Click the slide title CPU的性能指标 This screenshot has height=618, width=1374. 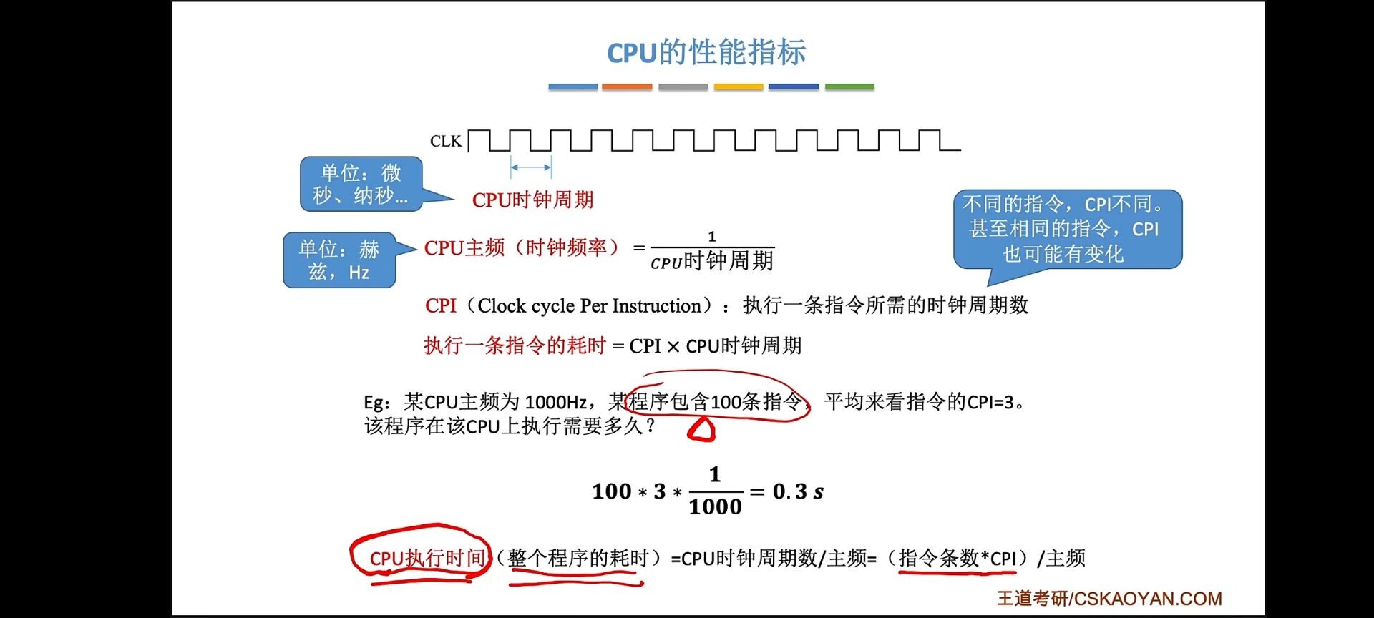[x=706, y=53]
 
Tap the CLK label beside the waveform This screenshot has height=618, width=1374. [x=445, y=142]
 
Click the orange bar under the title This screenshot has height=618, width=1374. [x=627, y=87]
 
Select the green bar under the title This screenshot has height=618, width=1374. [x=849, y=87]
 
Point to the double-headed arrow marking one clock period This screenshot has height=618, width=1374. [x=531, y=167]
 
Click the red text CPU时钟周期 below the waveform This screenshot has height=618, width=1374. [x=533, y=200]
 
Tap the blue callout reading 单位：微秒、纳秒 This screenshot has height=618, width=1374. [x=361, y=184]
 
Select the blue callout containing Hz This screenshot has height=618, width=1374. [x=339, y=260]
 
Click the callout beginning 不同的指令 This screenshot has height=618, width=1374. [x=1067, y=229]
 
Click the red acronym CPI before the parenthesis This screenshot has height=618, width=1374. [x=440, y=306]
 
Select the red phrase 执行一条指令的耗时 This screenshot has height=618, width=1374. [x=515, y=346]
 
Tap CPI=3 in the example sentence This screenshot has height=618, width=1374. [x=990, y=402]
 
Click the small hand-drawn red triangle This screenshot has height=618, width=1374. [x=701, y=429]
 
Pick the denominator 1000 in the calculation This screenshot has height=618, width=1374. [x=715, y=507]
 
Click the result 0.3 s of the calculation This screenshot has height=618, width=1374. [x=798, y=491]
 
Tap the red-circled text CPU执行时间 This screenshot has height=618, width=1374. [x=427, y=558]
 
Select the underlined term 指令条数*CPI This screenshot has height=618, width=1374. [x=958, y=558]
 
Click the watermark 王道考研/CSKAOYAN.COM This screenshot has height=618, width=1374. [x=1109, y=599]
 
